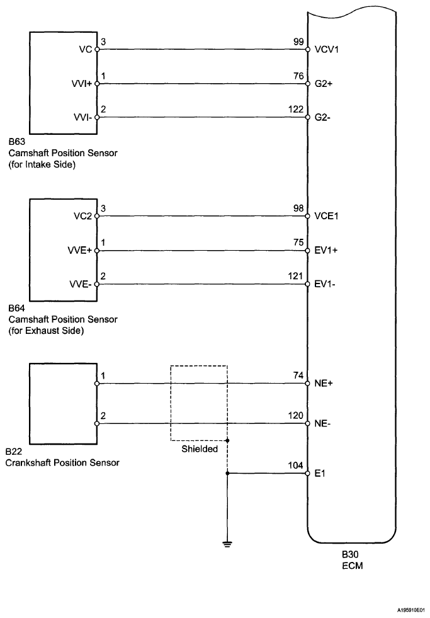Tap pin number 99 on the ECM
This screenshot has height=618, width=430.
click(297, 42)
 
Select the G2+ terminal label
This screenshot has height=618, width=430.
click(321, 83)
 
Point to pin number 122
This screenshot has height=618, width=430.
click(295, 109)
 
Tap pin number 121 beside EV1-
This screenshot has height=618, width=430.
click(295, 277)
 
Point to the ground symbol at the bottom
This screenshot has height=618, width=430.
click(227, 542)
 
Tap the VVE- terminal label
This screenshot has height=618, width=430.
click(81, 284)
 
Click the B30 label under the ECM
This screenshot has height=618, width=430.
click(349, 556)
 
